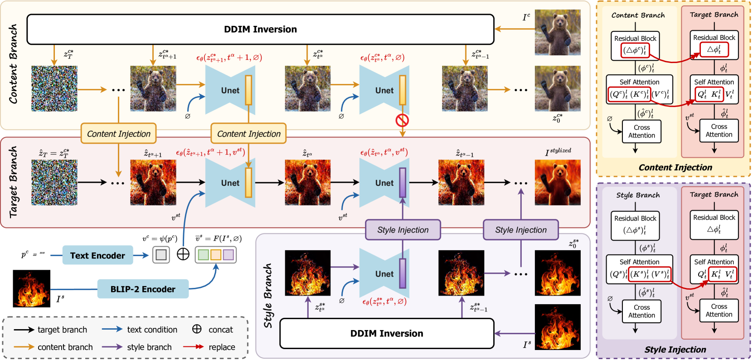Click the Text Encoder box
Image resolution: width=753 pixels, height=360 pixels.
click(x=97, y=255)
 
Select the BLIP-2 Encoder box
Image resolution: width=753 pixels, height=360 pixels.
click(x=143, y=289)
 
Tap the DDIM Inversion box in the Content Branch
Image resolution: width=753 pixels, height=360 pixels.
click(x=261, y=29)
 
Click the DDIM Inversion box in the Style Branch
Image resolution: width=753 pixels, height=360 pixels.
click(x=387, y=333)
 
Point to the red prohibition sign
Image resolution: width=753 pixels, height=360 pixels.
click(x=403, y=120)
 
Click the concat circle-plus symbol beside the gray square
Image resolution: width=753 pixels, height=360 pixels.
click(x=183, y=254)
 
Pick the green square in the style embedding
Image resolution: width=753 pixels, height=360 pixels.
click(x=204, y=255)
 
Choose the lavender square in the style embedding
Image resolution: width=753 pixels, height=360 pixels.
click(x=228, y=255)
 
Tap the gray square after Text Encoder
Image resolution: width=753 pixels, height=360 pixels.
click(x=161, y=255)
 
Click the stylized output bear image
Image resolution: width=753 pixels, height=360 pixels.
click(x=558, y=183)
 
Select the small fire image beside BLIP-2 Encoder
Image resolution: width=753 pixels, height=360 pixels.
click(x=32, y=288)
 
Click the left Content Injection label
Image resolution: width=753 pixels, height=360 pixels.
click(x=119, y=134)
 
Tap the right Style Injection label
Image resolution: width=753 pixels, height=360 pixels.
click(x=521, y=230)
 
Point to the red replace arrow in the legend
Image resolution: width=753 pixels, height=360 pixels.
click(x=194, y=347)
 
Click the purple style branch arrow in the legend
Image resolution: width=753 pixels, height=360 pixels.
click(x=112, y=347)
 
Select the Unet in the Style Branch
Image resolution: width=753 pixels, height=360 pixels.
click(x=384, y=273)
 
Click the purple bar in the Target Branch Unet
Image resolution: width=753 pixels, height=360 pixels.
click(x=403, y=183)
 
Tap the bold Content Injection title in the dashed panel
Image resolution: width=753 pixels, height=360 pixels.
click(x=675, y=167)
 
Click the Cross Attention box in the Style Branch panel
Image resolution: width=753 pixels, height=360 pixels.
click(x=641, y=311)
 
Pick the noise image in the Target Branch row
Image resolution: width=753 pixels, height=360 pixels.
click(x=54, y=183)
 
